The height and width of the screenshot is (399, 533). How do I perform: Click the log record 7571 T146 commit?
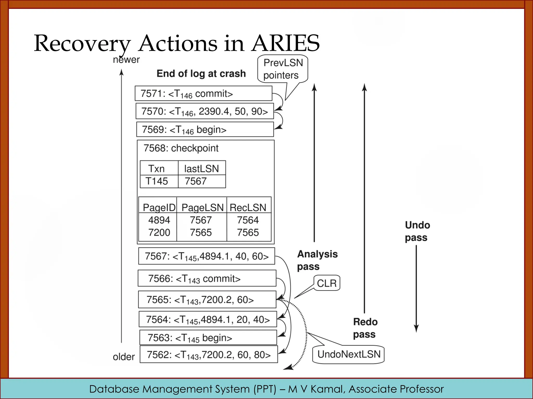coord(203,94)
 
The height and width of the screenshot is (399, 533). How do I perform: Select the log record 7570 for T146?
coord(205,111)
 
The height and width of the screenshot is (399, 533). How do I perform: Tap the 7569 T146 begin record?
coord(205,129)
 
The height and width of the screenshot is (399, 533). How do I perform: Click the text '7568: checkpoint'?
coord(181,148)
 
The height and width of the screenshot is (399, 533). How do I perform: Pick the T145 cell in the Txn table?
coord(157,181)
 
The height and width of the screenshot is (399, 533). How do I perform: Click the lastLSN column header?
coord(201,169)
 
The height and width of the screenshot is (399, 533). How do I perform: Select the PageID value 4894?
coord(159,220)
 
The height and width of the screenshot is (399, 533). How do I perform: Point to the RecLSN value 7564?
coord(248,220)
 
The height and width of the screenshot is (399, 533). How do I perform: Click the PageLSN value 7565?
coord(201,232)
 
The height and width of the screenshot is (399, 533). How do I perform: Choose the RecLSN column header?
coord(248,208)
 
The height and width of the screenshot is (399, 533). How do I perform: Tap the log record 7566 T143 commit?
coord(207,278)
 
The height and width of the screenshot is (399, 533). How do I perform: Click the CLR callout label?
coord(327,283)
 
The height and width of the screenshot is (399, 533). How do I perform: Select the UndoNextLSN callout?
coord(349,354)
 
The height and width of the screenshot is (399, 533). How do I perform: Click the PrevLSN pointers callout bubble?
coord(283,69)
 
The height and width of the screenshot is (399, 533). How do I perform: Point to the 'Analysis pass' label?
coord(317,260)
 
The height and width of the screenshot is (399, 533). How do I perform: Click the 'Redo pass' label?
coord(365,328)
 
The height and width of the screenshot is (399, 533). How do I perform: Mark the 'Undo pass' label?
coord(417,231)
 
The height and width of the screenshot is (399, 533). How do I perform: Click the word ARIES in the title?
coord(285,43)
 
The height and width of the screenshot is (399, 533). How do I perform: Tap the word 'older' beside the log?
coord(124,357)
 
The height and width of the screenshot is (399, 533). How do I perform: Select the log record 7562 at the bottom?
coord(209,355)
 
